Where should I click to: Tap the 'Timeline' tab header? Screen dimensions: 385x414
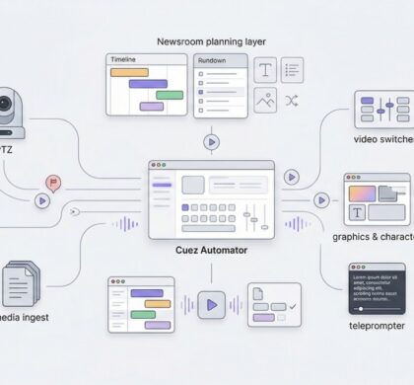[125, 60]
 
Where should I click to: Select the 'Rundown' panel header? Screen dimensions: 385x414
[211, 61]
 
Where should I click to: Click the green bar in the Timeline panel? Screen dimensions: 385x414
[170, 95]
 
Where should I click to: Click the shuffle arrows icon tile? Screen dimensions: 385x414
[292, 100]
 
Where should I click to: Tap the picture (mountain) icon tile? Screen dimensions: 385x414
[265, 100]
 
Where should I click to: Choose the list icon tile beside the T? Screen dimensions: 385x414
[293, 69]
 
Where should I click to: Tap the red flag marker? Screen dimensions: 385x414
[51, 183]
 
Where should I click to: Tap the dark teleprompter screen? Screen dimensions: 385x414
[377, 288]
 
